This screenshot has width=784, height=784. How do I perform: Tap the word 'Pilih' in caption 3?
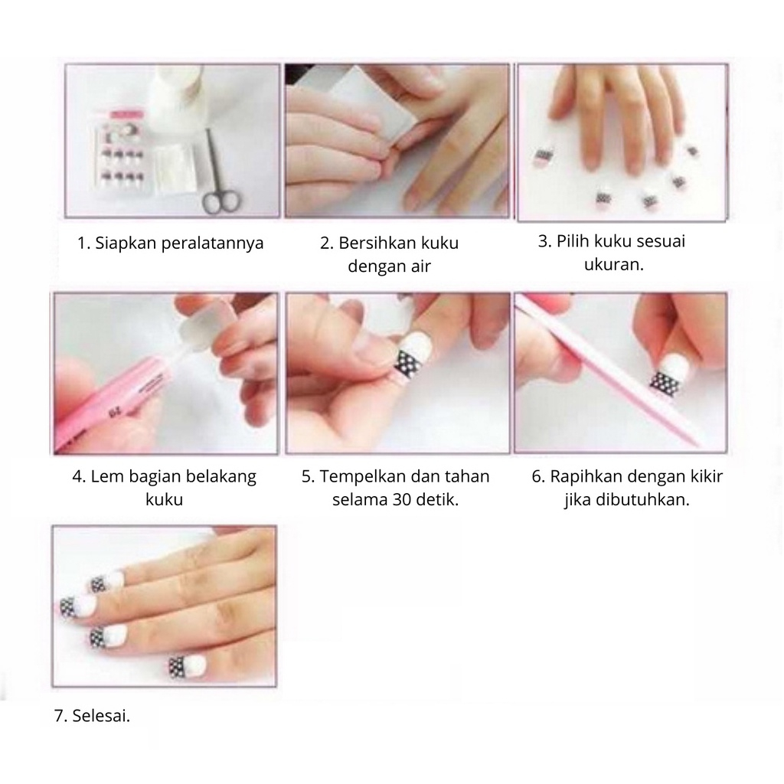pos(571,241)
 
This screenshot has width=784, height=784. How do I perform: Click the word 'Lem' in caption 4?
pos(104,477)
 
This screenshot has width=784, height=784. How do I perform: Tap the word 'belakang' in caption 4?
pos(222,477)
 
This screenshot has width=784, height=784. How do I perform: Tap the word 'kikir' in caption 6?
pos(707,477)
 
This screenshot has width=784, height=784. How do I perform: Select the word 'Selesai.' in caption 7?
pos(101,717)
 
